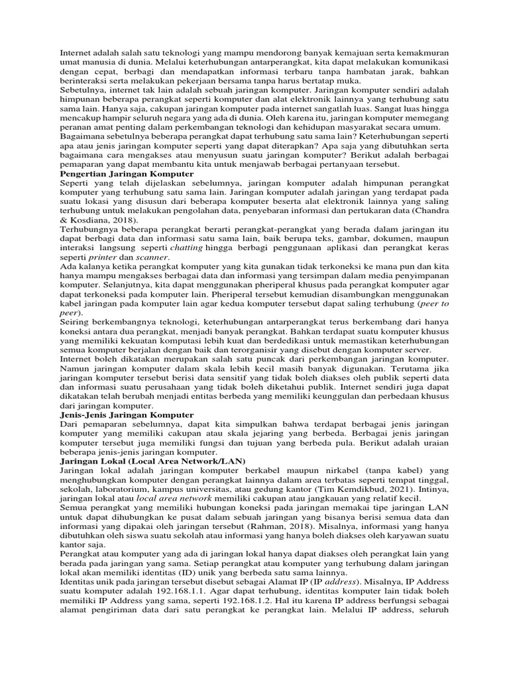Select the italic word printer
(x=102, y=257)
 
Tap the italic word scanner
(x=150, y=257)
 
